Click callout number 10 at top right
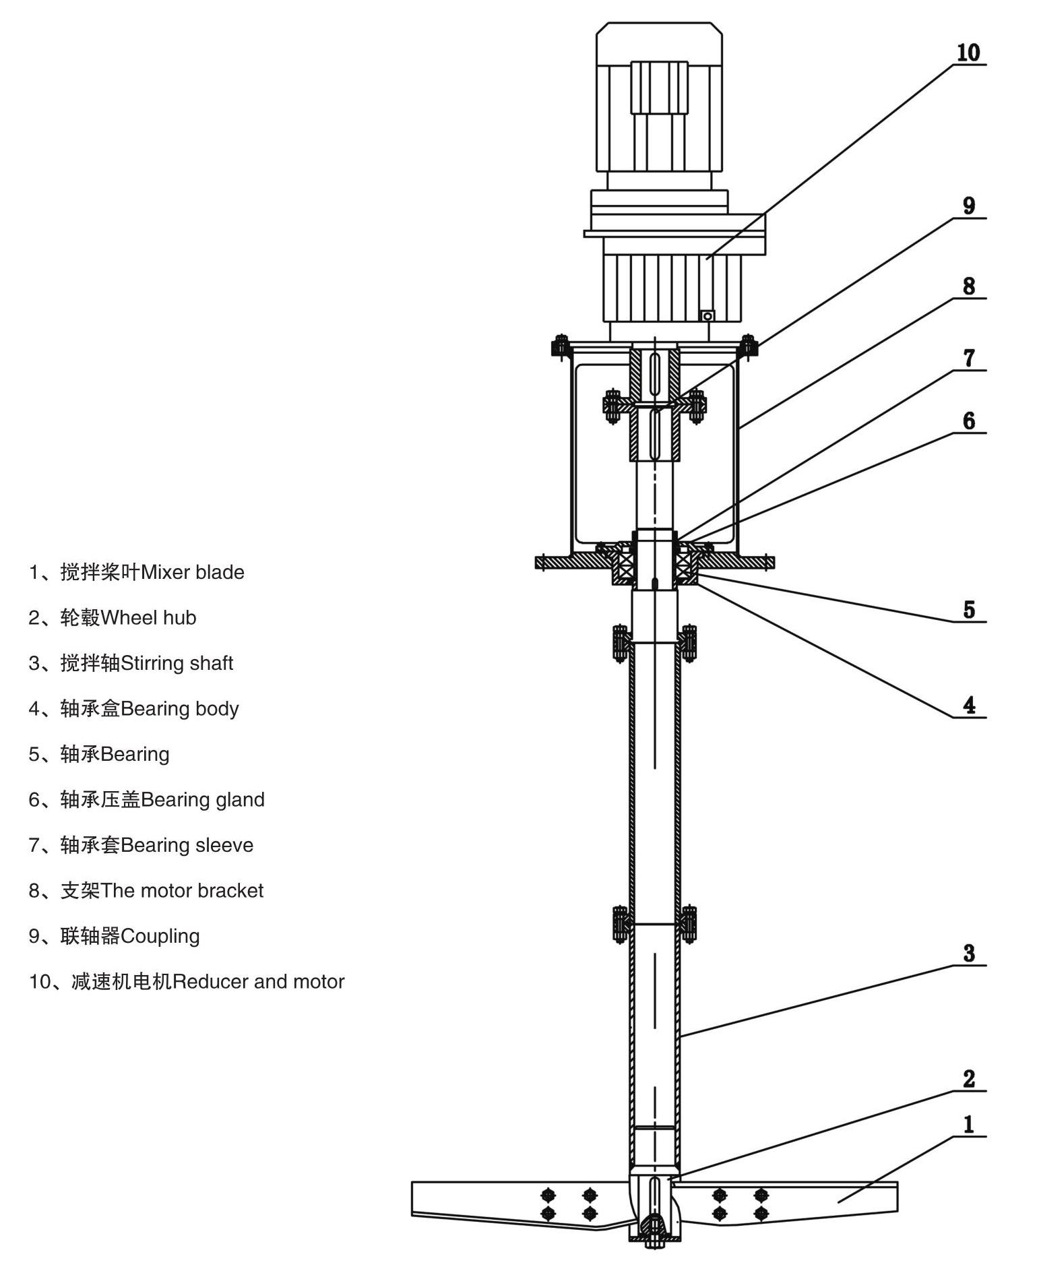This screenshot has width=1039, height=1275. (968, 53)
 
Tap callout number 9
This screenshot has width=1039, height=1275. (968, 206)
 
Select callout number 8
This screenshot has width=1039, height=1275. (968, 286)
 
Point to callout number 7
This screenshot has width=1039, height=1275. (968, 358)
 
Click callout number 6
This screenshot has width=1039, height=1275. (968, 421)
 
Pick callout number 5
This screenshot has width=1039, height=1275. (968, 610)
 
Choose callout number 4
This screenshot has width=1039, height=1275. (968, 706)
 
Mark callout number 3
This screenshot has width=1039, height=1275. (968, 954)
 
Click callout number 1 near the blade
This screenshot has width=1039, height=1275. (968, 1125)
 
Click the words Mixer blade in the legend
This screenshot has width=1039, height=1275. (192, 572)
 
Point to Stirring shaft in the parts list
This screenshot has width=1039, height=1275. (177, 663)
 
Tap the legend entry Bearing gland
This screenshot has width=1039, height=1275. (202, 800)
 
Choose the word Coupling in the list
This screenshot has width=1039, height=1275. (160, 936)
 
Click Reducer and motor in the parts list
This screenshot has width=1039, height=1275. (258, 982)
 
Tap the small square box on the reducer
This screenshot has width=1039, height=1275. (707, 315)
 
